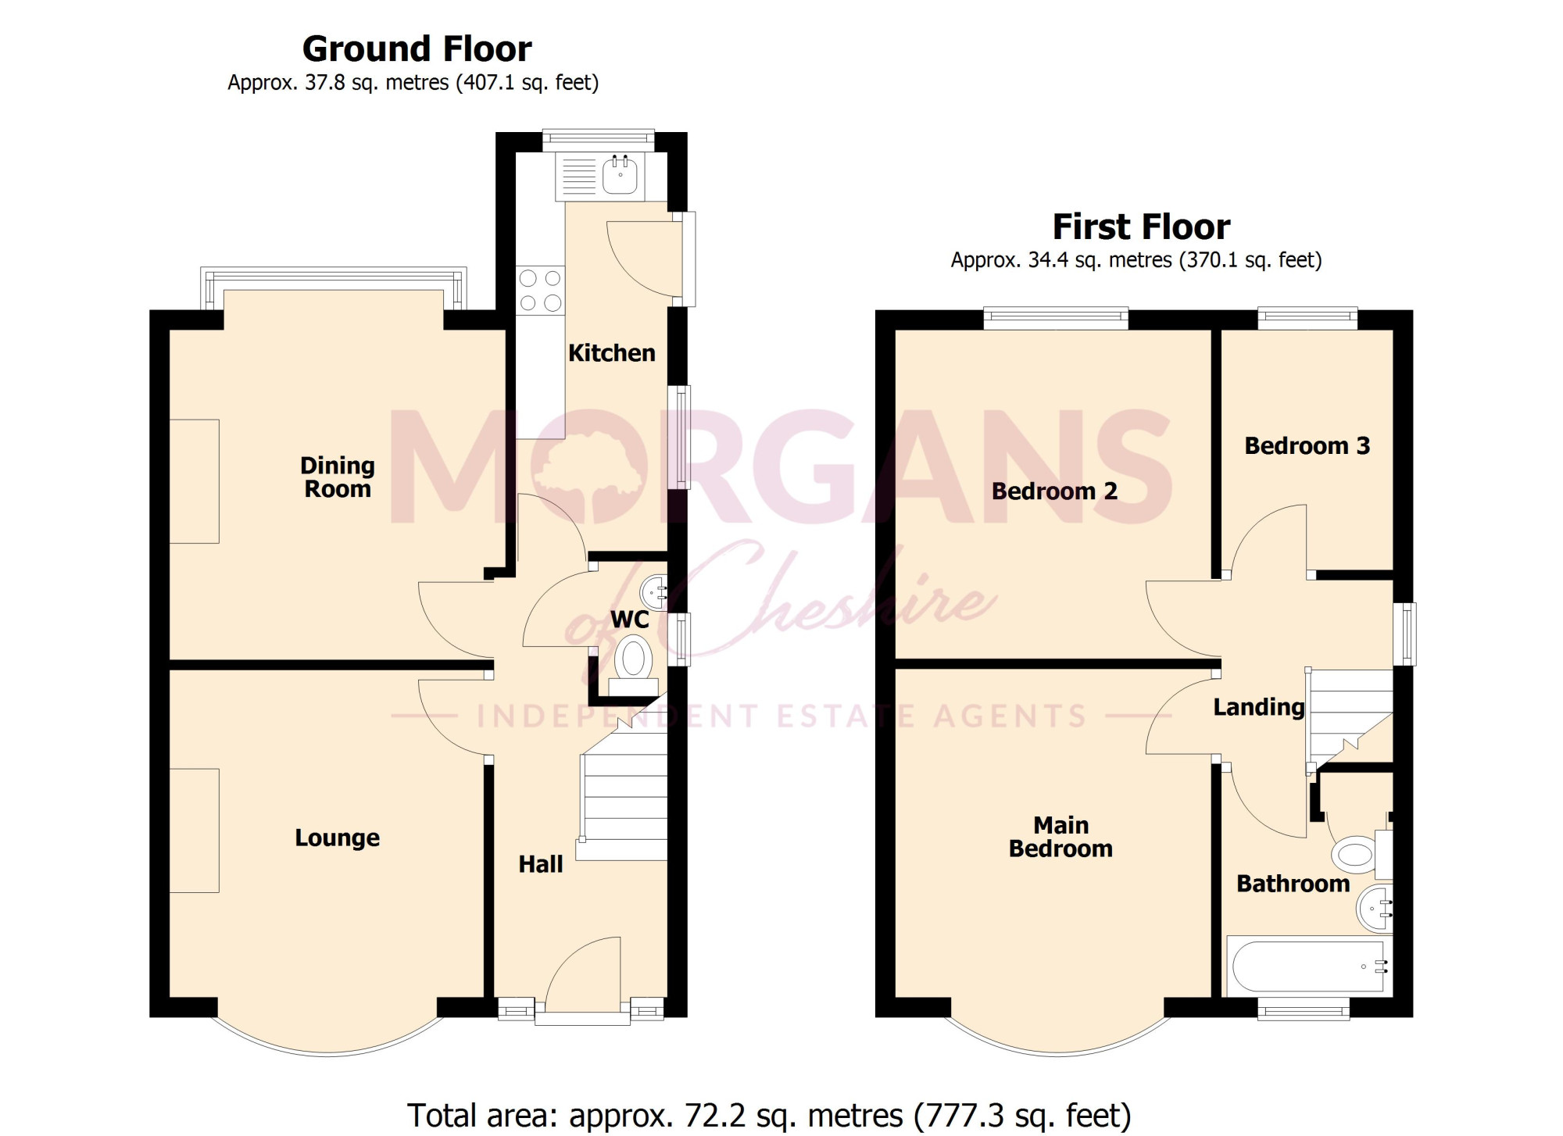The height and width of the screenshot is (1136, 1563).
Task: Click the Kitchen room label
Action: coord(611,353)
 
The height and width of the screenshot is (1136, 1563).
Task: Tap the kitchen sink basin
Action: coord(620,176)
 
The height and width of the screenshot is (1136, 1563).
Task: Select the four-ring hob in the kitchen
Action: coord(540,290)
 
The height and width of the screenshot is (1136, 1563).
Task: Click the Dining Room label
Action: coord(338,477)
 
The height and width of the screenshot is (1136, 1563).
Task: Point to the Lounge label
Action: coord(337,838)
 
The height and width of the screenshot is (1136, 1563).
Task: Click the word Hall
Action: coord(541,864)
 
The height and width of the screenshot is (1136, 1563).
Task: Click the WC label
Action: coord(630,620)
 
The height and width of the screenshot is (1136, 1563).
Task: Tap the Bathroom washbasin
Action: coord(1375,909)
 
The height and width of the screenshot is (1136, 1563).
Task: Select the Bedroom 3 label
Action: coord(1307,446)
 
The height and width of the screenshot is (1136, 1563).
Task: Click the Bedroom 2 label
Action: coord(1054,491)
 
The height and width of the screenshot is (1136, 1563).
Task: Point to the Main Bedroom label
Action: coord(1060,837)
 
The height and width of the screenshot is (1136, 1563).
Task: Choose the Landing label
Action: coord(1259,708)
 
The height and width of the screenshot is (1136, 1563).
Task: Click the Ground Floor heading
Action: coord(417,49)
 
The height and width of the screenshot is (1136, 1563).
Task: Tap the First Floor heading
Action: coord(1142,227)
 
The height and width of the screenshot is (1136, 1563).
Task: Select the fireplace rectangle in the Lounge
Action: coord(195,831)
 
